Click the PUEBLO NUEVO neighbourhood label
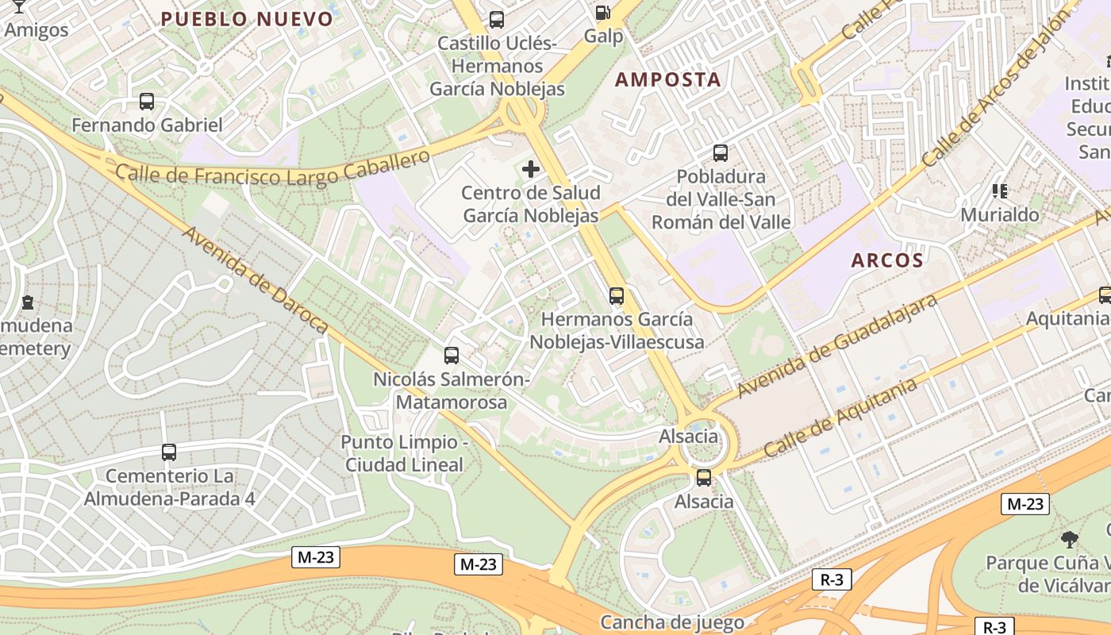pos(247,19)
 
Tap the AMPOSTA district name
pos(668,79)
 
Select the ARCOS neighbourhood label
pos(887,260)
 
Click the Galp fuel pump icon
pos(603,13)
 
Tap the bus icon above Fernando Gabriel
pos(147,102)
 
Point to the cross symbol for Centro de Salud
pos(531,169)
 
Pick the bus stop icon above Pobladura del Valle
pos(721,153)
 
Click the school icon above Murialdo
pos(999,191)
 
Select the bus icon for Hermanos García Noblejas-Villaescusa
pos(617,296)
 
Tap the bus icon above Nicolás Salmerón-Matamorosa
pos(452,356)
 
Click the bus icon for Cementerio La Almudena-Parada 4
pos(169,452)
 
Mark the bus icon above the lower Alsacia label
pos(704,478)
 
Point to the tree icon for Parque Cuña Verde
pos(1070,540)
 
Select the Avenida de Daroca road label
pos(256,279)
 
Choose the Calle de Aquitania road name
pos(840,417)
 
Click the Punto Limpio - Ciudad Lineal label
pos(403,453)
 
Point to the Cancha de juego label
pos(671,622)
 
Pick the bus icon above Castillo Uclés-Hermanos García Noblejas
pos(497,20)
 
